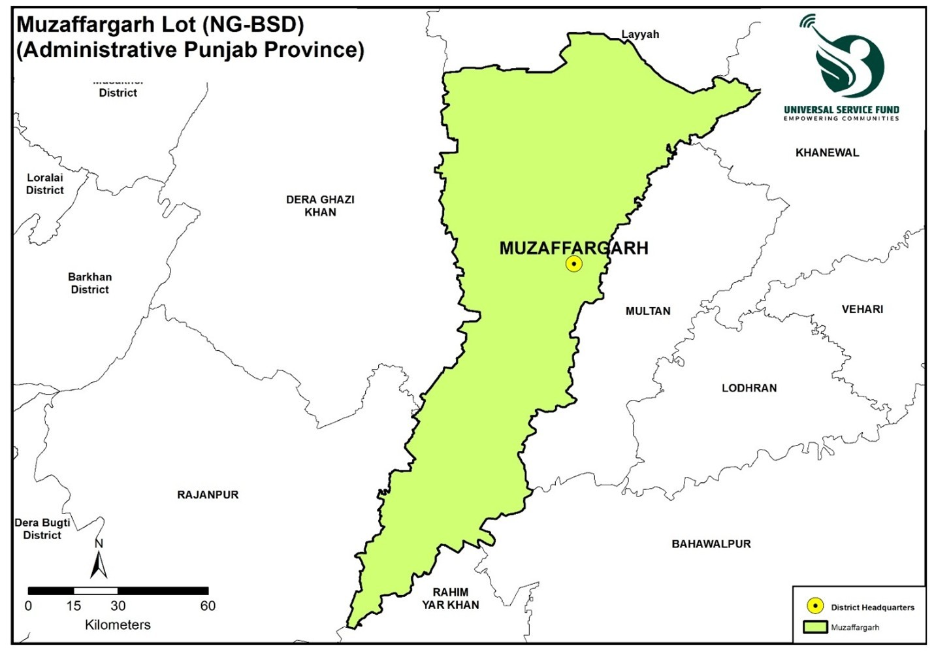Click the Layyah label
click(639, 35)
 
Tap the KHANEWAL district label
click(827, 153)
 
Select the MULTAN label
click(648, 311)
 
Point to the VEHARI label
click(862, 309)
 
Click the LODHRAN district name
click(749, 388)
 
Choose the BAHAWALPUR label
click(711, 544)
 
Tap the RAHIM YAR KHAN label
click(450, 598)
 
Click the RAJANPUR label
click(208, 495)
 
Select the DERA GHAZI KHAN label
click(320, 206)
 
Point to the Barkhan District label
click(90, 283)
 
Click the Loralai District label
click(45, 184)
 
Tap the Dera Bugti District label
click(42, 529)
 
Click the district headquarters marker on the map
click(573, 264)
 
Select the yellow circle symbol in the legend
click(815, 606)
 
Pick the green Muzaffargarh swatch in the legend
click(815, 627)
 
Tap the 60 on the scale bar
click(208, 606)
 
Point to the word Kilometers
click(118, 625)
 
